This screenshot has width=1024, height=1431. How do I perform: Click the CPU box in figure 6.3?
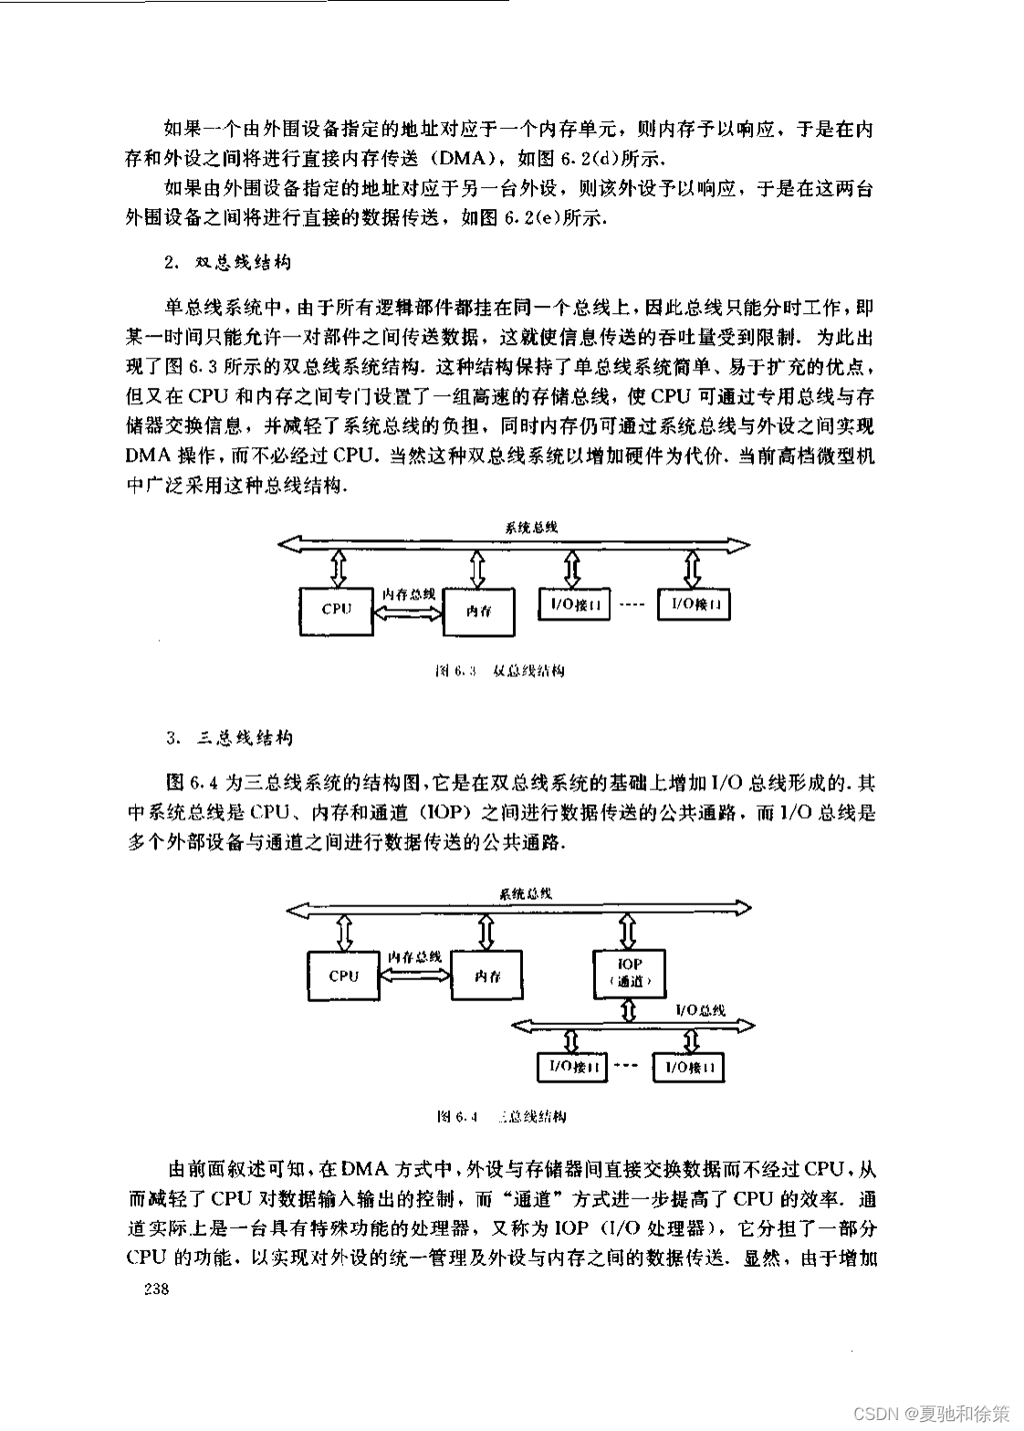coord(337,610)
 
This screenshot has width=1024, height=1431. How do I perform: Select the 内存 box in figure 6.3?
coord(478,611)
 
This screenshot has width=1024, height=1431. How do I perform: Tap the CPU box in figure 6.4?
coord(344,976)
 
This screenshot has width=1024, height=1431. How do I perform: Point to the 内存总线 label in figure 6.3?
coord(408,593)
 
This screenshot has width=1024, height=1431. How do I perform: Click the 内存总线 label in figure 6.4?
coord(415,956)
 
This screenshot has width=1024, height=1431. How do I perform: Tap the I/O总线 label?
coord(701,1009)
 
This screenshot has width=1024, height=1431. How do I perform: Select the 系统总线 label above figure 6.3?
coord(532,527)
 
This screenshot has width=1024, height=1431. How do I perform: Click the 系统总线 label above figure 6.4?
coord(526,893)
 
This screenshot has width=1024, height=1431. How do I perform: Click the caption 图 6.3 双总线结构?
coord(500,672)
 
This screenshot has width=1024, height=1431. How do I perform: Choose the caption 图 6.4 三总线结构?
coord(502,1116)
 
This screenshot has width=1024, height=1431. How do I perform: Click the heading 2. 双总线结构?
coord(228,263)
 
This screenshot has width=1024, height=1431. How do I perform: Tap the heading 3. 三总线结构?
coord(229,736)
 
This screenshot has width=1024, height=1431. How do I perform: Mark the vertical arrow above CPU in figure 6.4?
coord(345,932)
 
